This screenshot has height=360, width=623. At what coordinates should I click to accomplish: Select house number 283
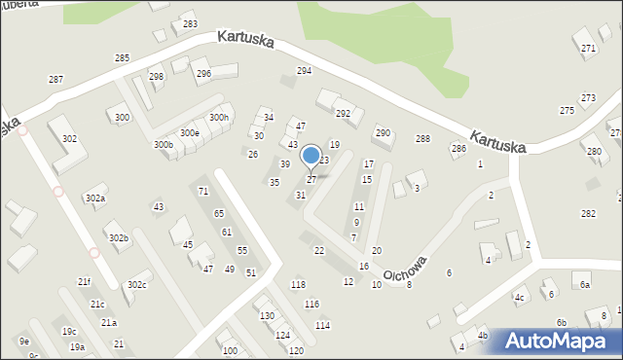(190, 24)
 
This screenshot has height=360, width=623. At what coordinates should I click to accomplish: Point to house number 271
(588, 48)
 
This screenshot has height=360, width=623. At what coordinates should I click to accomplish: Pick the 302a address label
(94, 198)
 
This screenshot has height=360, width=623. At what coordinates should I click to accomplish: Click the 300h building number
(219, 118)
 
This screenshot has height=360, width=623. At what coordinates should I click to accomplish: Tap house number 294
(304, 71)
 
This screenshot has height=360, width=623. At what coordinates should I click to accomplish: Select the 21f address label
(85, 282)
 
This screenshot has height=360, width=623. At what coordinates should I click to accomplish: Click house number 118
(298, 284)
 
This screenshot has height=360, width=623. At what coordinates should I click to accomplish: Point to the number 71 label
(202, 191)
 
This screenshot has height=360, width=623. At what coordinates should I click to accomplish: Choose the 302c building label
(136, 284)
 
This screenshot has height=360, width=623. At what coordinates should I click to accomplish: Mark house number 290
(383, 132)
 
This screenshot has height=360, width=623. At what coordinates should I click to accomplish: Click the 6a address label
(585, 284)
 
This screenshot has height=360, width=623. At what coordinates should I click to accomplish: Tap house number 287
(55, 79)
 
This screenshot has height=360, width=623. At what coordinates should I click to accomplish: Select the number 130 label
(267, 316)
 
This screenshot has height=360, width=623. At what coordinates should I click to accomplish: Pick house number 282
(588, 213)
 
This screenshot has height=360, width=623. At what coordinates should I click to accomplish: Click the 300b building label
(163, 145)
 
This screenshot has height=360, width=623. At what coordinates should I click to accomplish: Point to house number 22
(318, 250)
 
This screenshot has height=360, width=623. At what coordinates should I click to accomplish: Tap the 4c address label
(520, 297)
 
